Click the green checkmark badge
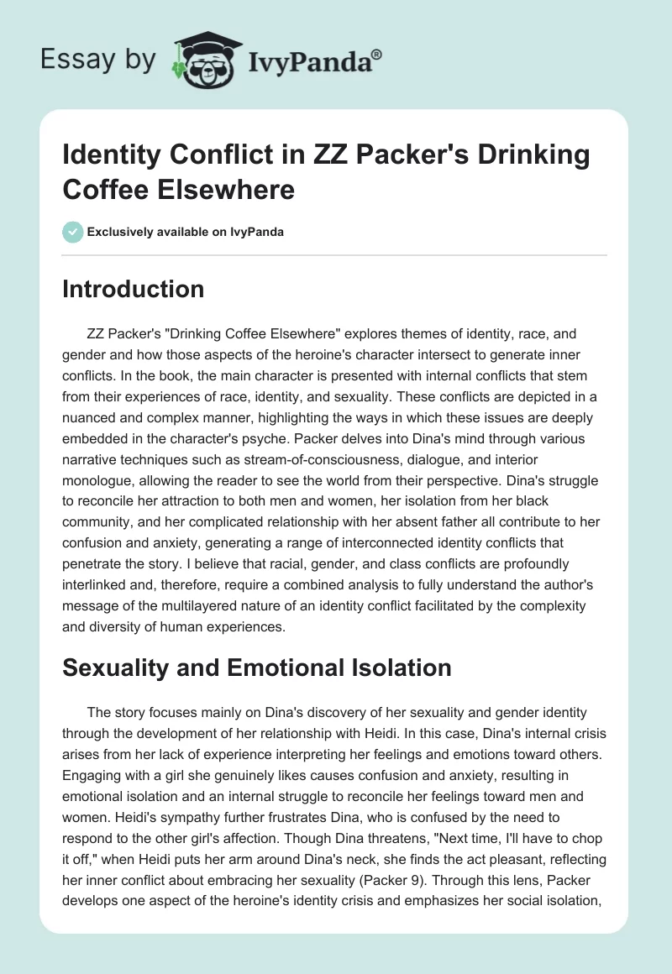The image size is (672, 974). pos(72,232)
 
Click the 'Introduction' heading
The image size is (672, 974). pos(134,289)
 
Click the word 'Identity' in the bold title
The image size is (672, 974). pos(113,156)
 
